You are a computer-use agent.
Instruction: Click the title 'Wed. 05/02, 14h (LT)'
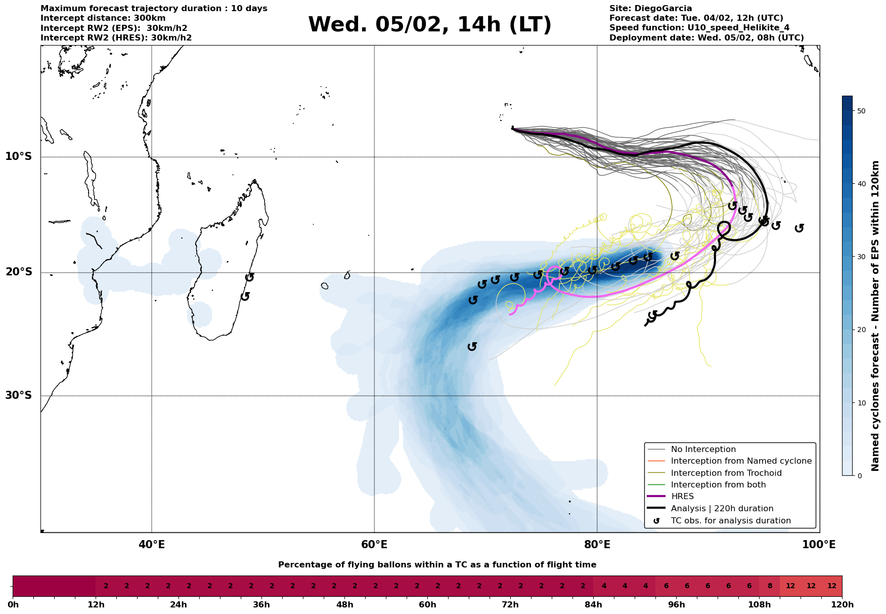[429, 25]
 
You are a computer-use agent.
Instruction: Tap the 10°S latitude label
[19, 156]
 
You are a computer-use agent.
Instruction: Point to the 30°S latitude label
[19, 395]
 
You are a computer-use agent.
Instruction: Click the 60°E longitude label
[374, 545]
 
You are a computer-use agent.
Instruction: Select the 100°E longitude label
[819, 545]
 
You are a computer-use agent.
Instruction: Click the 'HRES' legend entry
[682, 497]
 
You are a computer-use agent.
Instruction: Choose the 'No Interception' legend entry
[703, 449]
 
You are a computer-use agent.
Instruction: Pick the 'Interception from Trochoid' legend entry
[726, 473]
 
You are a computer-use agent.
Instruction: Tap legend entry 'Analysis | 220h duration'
[722, 509]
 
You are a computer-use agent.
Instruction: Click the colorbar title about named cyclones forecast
[875, 316]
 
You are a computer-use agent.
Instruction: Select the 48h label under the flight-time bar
[344, 605]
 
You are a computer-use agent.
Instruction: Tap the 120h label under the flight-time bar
[841, 605]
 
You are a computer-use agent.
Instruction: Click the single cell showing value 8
[769, 586]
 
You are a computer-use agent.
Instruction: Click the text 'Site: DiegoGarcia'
[650, 9]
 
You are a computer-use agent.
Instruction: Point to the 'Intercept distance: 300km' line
[103, 18]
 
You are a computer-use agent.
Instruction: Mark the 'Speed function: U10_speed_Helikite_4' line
[699, 28]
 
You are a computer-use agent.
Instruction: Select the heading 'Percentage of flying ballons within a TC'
[437, 565]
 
